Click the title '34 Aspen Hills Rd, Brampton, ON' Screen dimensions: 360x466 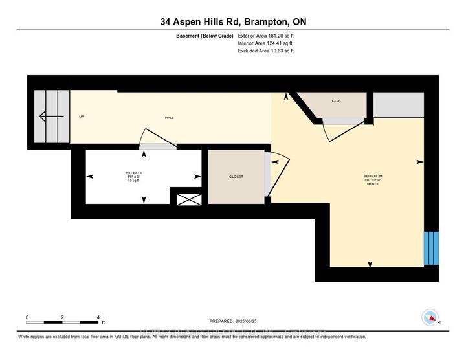click(233, 22)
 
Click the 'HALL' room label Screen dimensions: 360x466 click(169, 117)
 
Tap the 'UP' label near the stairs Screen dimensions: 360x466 click(82, 117)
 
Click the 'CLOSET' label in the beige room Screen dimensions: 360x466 click(236, 176)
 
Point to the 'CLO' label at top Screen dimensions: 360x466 click(336, 101)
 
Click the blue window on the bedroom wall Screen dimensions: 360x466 click(431, 248)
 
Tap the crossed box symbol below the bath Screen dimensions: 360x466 click(189, 199)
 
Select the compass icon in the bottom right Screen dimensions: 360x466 click(428, 317)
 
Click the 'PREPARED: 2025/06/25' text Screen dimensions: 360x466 click(233, 321)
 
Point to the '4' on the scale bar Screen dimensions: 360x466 click(98, 317)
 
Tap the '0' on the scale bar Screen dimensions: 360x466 click(27, 317)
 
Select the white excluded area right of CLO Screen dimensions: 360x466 click(397, 105)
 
